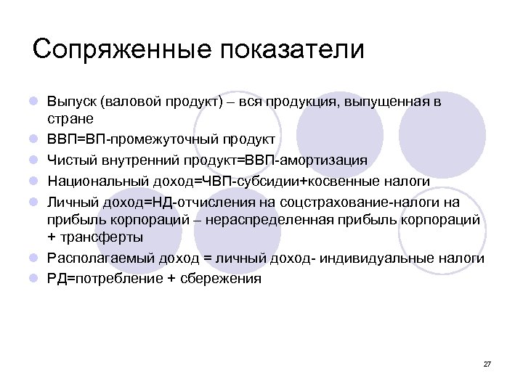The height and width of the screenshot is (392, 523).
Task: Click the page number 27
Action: click(x=487, y=364)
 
